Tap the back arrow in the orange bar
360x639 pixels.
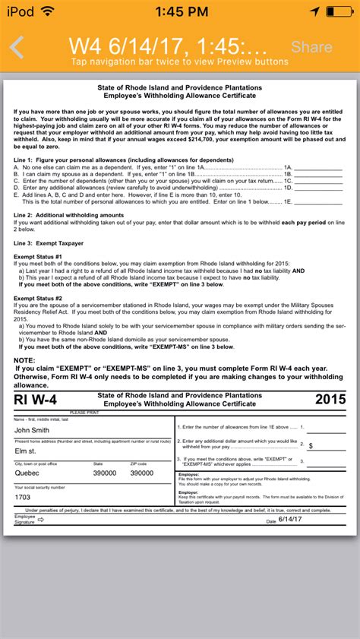(x=17, y=47)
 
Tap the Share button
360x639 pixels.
(x=311, y=47)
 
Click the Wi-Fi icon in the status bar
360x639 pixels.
(x=48, y=11)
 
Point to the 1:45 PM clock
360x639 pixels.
(x=179, y=11)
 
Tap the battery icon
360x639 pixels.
(x=342, y=11)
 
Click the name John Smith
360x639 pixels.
(x=31, y=430)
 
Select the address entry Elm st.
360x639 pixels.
(x=25, y=451)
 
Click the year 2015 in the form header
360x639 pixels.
(x=330, y=399)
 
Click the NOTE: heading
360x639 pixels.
(x=25, y=359)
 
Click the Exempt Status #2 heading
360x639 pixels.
(x=37, y=299)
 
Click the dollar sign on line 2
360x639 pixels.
(x=311, y=445)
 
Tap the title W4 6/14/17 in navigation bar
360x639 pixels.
(x=167, y=45)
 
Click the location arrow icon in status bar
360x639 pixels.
(x=315, y=11)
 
